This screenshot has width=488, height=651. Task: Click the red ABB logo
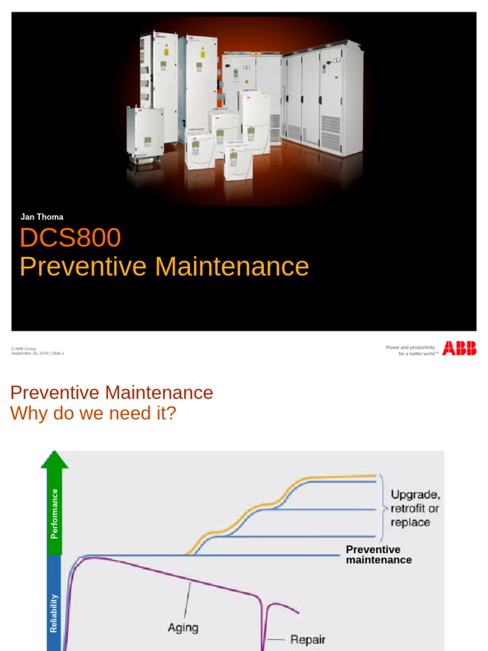(459, 348)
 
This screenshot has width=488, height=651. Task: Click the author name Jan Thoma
(42, 217)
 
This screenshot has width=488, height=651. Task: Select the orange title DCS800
(70, 238)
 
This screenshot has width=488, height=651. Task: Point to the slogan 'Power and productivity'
(410, 347)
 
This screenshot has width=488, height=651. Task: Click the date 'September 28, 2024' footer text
(30, 353)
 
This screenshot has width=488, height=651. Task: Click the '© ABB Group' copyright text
(24, 348)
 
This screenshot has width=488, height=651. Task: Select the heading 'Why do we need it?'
(93, 413)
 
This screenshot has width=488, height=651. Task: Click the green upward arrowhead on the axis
(55, 459)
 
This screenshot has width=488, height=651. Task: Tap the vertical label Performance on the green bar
(54, 513)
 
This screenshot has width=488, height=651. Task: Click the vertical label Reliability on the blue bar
(54, 613)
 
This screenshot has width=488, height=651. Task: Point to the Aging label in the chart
(183, 627)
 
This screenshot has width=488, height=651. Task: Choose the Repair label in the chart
(308, 639)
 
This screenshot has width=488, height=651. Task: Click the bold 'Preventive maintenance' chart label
(378, 554)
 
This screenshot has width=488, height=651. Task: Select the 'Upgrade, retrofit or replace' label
(415, 508)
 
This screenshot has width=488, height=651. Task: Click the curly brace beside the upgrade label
(384, 507)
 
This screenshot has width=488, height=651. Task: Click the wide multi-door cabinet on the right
(322, 100)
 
